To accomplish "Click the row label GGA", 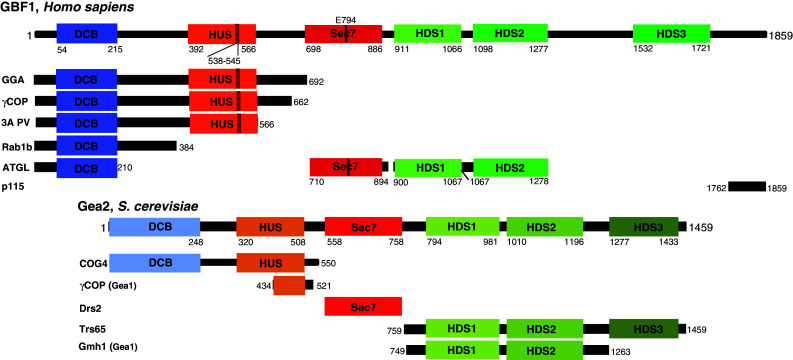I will (x=13, y=79).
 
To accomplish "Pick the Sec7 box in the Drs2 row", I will (x=363, y=307).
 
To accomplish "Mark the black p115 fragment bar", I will (x=747, y=186).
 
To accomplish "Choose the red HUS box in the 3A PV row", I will (x=222, y=124).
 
